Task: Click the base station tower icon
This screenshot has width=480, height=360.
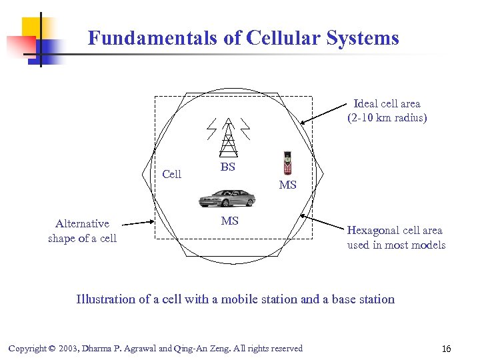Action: [x=228, y=136]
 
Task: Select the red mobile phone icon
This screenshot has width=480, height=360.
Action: [x=287, y=164]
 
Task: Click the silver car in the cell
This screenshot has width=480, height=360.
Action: [x=227, y=198]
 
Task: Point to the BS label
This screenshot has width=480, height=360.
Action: [x=228, y=167]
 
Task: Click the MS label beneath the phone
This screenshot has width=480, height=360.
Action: [x=287, y=185]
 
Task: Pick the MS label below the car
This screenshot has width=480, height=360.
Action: [x=229, y=221]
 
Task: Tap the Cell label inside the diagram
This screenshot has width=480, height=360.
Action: [x=171, y=174]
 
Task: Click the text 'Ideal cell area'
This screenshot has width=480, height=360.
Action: [x=387, y=103]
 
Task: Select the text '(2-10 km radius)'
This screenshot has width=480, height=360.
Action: [x=387, y=118]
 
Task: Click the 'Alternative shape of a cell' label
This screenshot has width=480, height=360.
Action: [x=82, y=231]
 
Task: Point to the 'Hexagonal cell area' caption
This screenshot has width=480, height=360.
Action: [x=395, y=231]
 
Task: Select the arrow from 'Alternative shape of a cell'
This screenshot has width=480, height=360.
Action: [x=139, y=223]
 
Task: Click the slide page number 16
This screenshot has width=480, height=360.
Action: [x=446, y=349]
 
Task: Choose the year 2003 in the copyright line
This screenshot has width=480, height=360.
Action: [x=70, y=349]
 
